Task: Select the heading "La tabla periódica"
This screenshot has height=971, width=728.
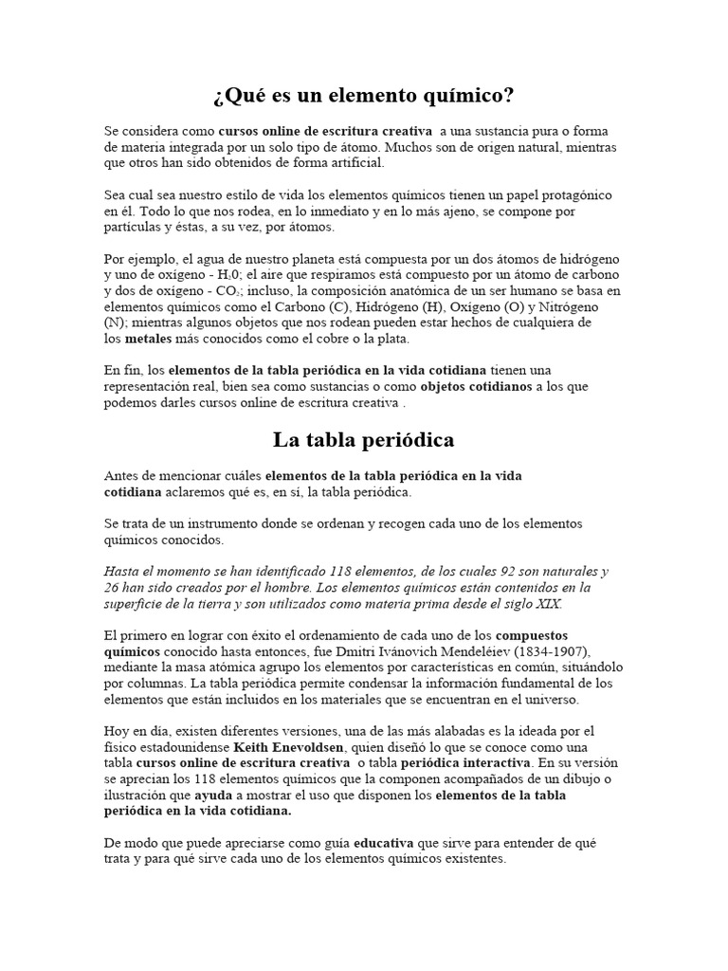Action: point(364,440)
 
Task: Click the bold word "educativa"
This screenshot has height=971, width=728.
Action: point(389,843)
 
